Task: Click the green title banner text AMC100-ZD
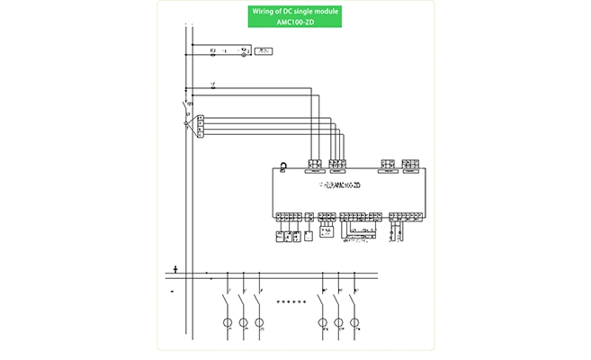(x=296, y=22)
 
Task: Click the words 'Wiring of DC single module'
(x=296, y=12)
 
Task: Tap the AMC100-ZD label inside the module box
(x=342, y=186)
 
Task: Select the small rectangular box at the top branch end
(x=264, y=53)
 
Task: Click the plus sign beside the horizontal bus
(x=175, y=269)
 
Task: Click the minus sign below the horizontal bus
(x=172, y=292)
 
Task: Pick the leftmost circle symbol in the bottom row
(x=228, y=322)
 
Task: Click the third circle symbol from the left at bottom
(x=259, y=322)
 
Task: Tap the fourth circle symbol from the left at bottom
(x=322, y=322)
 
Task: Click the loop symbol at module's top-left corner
(x=282, y=165)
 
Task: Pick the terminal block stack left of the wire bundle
(x=200, y=124)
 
